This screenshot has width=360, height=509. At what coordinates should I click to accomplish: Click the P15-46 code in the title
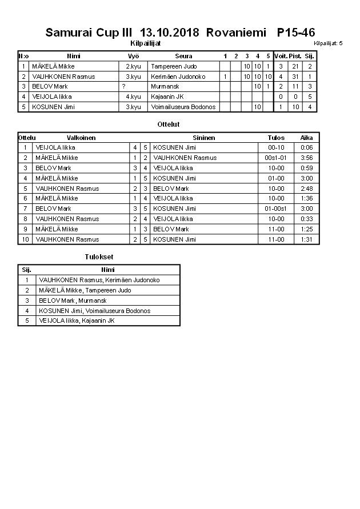295,33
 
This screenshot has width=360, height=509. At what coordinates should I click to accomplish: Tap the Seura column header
183,56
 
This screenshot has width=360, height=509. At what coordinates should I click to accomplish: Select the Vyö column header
133,56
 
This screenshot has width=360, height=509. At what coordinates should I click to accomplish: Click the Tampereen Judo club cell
174,66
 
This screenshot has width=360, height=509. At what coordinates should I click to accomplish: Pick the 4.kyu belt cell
133,97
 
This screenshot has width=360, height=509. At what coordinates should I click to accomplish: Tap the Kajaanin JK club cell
167,97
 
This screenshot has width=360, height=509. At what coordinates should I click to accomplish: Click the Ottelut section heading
169,124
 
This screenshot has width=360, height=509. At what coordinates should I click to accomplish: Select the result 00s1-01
276,158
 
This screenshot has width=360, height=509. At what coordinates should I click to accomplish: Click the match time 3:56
306,158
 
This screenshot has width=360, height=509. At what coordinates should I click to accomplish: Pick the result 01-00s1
276,209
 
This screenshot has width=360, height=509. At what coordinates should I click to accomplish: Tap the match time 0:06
306,147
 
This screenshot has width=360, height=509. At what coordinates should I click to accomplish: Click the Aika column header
306,138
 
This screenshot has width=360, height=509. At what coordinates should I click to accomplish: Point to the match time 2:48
306,189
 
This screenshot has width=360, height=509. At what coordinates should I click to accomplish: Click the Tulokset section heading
99,257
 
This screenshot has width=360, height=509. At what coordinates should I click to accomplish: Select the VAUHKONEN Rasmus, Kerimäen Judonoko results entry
99,280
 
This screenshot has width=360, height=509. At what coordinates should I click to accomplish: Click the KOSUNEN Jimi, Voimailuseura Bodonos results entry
95,311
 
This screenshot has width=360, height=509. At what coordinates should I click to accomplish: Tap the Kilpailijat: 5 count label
328,43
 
